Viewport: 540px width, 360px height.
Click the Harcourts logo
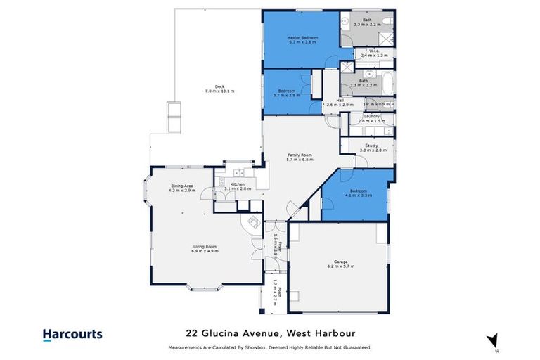click(x=72, y=335)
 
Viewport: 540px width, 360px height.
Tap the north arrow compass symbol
click(x=492, y=340)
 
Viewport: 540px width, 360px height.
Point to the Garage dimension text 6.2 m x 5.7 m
click(x=340, y=266)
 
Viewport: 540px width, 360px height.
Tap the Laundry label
click(x=371, y=116)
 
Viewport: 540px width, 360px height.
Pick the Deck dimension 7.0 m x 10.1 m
click(x=219, y=91)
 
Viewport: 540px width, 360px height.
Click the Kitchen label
click(x=238, y=184)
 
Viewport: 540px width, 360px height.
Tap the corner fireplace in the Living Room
click(x=250, y=223)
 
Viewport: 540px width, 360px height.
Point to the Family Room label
click(x=299, y=155)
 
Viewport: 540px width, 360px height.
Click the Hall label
click(x=340, y=100)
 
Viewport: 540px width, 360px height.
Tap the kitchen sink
click(x=239, y=172)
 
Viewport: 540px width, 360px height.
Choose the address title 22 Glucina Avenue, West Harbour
click(x=270, y=333)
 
